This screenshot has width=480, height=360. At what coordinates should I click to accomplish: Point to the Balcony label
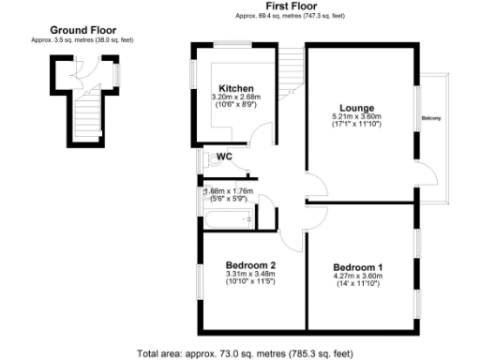432,117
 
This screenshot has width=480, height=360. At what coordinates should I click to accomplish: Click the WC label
225,157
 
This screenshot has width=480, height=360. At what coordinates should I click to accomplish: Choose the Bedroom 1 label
360,267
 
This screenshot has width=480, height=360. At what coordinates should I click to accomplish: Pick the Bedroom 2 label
249,265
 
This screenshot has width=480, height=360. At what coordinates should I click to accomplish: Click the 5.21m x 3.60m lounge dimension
356,115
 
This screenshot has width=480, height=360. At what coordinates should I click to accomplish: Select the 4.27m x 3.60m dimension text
360,276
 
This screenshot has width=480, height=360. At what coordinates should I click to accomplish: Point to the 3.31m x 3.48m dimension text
249,274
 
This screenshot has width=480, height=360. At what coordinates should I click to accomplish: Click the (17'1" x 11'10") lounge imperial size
356,123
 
